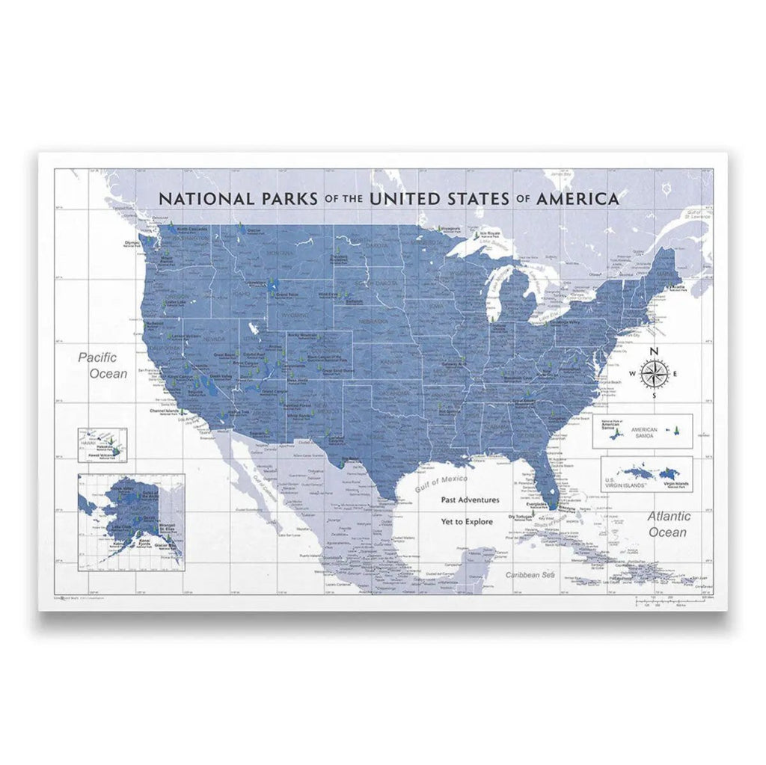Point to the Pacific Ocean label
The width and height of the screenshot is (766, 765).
click(102, 365)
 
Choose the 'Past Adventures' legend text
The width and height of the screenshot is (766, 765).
click(470, 500)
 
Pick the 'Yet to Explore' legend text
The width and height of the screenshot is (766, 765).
click(467, 521)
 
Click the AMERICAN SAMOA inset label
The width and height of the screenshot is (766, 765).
click(644, 434)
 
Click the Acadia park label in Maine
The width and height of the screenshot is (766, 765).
click(678, 286)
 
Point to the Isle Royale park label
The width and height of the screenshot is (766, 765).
click(489, 233)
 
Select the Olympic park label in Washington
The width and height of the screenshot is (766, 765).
click(132, 243)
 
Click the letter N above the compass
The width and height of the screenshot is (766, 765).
click(653, 352)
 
